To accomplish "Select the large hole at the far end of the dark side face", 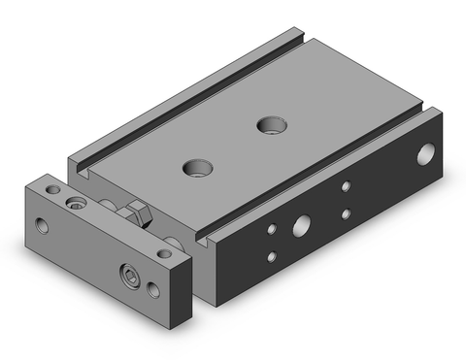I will click(426, 153).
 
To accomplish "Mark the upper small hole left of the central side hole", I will click(272, 229).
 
